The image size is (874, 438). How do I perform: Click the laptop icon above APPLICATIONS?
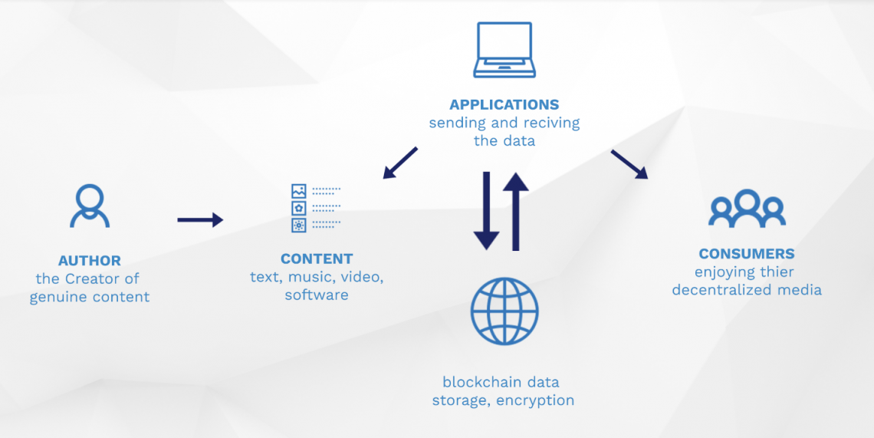click(504, 50)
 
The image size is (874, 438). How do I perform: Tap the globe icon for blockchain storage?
click(504, 311)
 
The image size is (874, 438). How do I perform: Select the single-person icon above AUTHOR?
click(90, 206)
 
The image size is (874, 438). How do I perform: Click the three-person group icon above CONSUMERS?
click(747, 208)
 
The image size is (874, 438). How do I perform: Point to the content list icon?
click(315, 208)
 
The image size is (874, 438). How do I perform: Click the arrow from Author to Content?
click(200, 220)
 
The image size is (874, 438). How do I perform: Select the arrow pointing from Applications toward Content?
click(400, 162)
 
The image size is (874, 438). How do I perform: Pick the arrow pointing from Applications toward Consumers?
click(629, 164)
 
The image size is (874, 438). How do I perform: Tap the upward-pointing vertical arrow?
click(517, 211)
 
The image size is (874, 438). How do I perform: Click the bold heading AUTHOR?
click(90, 261)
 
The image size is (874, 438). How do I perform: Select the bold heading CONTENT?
click(317, 259)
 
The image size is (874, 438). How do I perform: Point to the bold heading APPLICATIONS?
click(504, 104)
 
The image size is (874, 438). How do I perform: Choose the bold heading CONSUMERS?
click(747, 254)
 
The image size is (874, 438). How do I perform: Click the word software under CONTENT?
click(317, 295)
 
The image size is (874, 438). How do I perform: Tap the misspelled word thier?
click(776, 272)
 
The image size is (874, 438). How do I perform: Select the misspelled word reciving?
click(551, 123)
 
